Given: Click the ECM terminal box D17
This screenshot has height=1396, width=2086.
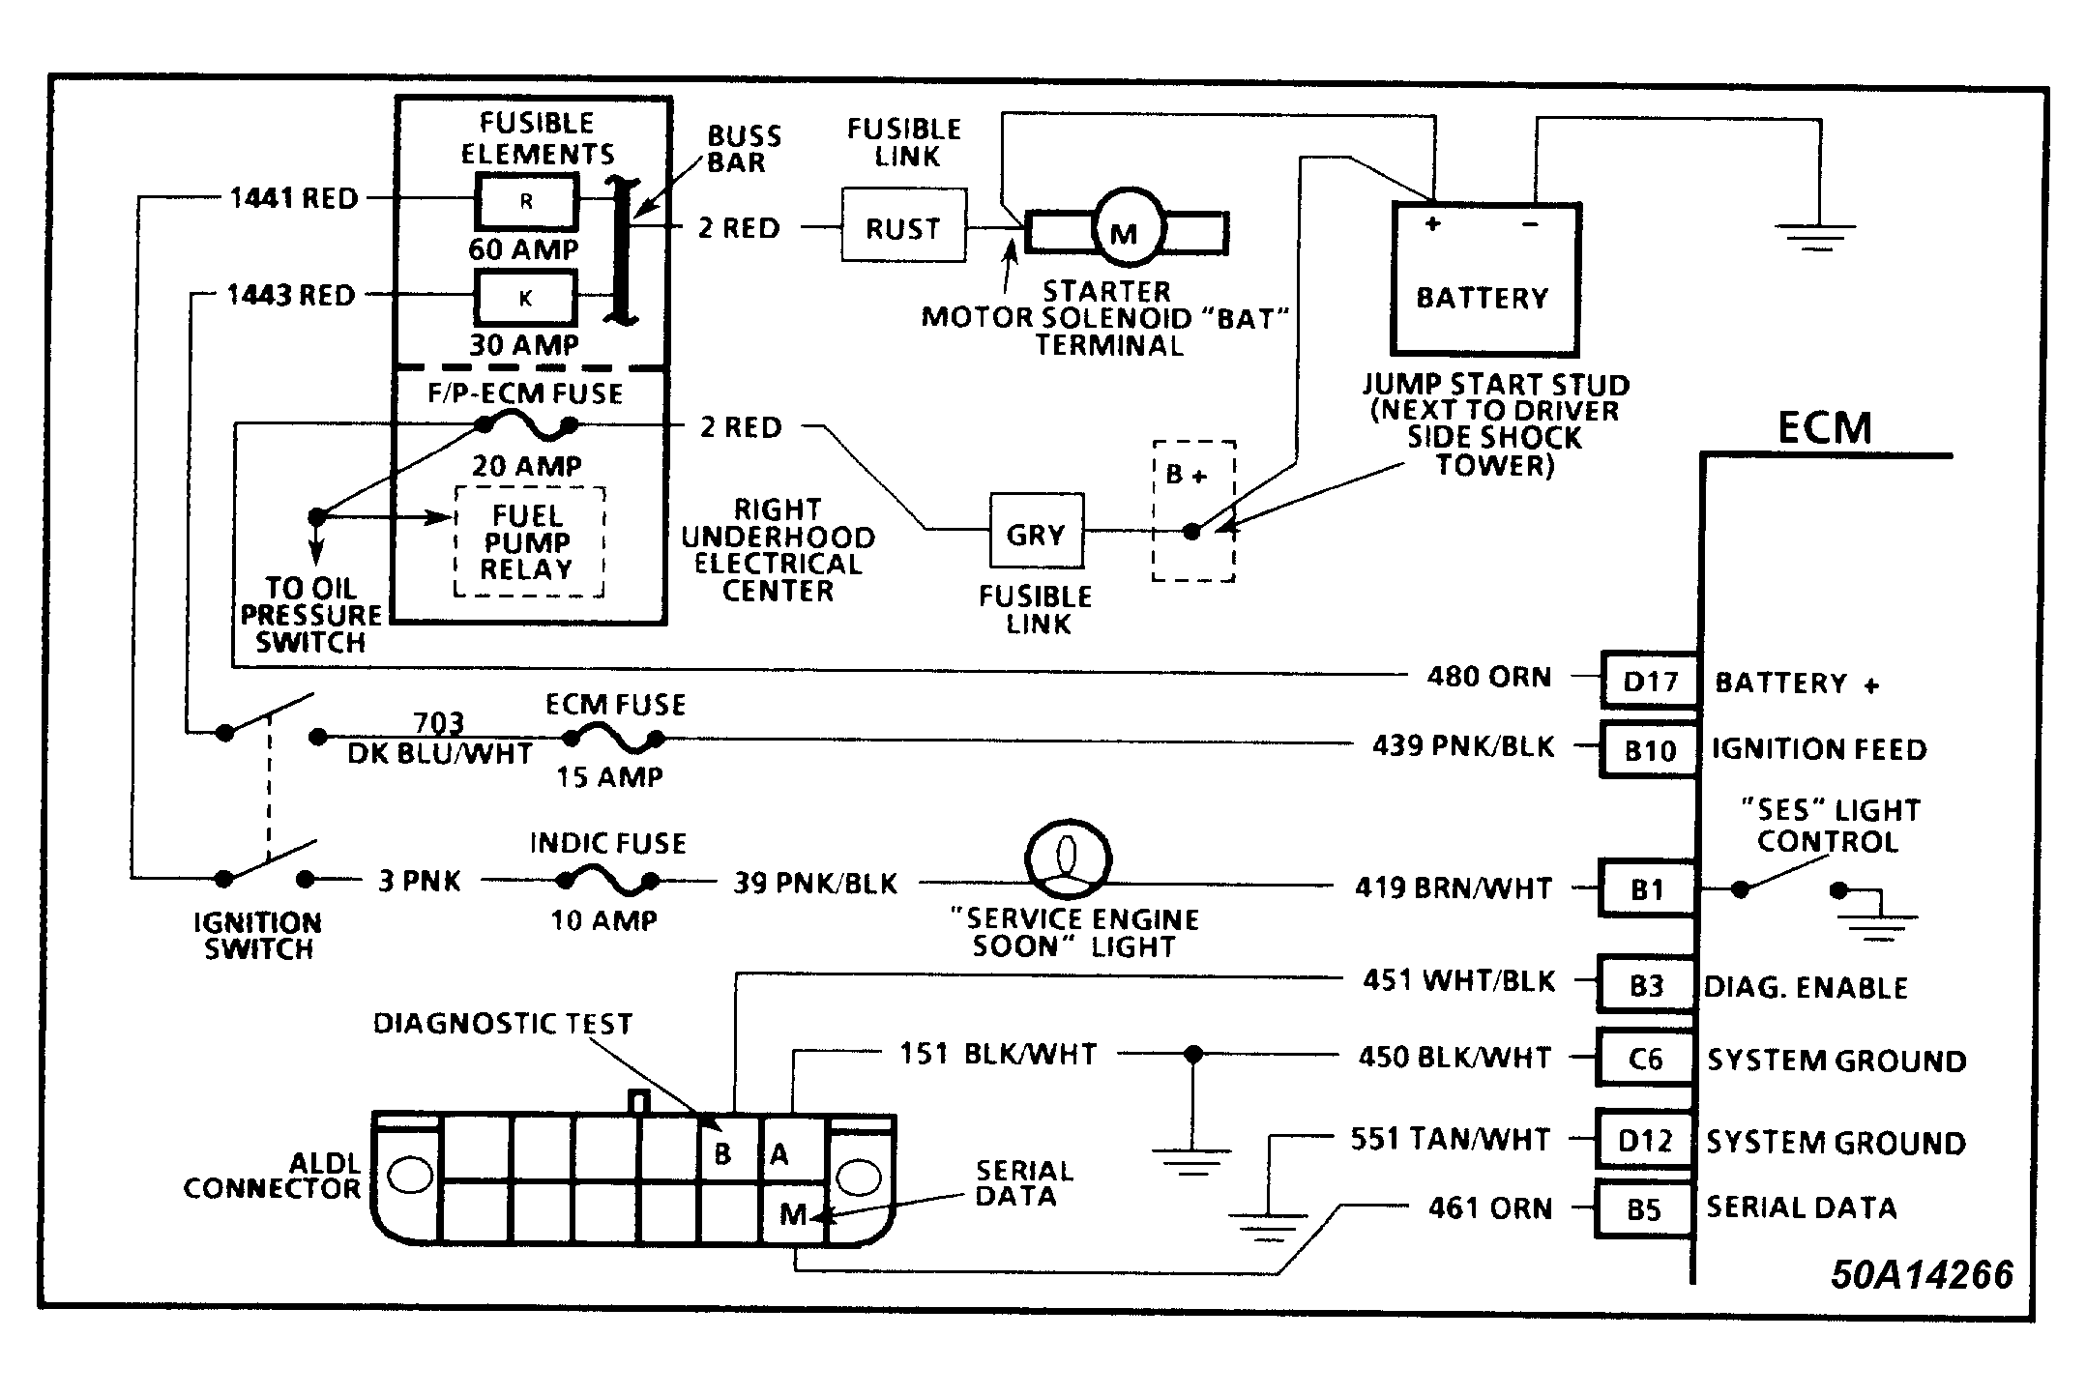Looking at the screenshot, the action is point(1650,681).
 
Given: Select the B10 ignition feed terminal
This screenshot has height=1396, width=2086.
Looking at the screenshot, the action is point(1650,749).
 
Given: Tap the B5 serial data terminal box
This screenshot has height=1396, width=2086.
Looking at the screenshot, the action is point(1644,1208).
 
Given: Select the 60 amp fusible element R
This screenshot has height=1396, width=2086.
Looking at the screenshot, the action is point(526,202).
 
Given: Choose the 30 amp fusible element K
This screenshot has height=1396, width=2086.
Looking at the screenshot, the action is point(526,298).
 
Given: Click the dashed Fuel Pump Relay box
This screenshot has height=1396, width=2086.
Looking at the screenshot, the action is point(530,541).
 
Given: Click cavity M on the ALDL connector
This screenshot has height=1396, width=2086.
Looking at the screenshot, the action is point(793,1212).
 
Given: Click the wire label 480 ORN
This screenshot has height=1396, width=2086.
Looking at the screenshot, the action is point(1489,677).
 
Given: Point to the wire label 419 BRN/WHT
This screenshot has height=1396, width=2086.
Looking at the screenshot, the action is point(1454,887).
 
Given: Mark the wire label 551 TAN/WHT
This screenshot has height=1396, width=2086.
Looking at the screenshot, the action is point(1451,1139).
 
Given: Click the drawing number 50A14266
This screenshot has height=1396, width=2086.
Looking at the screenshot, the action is point(1922,1274).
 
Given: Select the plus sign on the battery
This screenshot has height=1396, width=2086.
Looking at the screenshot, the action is point(1433,223).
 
